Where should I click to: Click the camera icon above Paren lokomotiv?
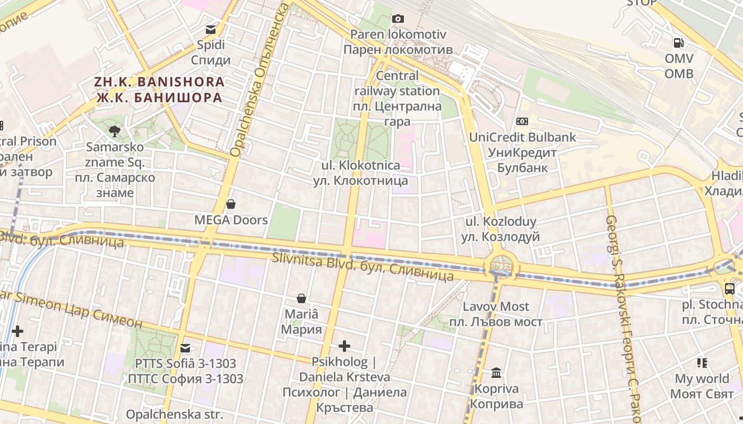pyautogui.click(x=398, y=19)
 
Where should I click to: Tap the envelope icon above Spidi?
pyautogui.click(x=211, y=30)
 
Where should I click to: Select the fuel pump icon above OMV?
pyautogui.click(x=678, y=43)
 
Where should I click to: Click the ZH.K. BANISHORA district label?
pyautogui.click(x=159, y=90)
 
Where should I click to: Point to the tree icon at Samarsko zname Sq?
pyautogui.click(x=114, y=131)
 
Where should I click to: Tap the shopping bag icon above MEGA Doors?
pyautogui.click(x=231, y=204)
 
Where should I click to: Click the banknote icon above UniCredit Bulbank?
pyautogui.click(x=522, y=122)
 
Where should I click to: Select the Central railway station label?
pyautogui.click(x=398, y=98)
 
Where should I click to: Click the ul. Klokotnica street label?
pyautogui.click(x=360, y=173)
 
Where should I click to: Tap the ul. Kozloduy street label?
pyautogui.click(x=500, y=229)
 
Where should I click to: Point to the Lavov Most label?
pyautogui.click(x=496, y=314)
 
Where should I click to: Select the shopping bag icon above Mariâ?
pyautogui.click(x=301, y=298)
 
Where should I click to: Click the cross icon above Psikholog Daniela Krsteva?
pyautogui.click(x=344, y=347)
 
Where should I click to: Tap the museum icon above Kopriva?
pyautogui.click(x=496, y=373)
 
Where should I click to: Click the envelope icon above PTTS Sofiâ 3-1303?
pyautogui.click(x=185, y=348)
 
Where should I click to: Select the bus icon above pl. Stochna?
pyautogui.click(x=730, y=289)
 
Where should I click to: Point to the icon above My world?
pyautogui.click(x=702, y=363)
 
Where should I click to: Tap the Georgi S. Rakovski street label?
pyautogui.click(x=624, y=313)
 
